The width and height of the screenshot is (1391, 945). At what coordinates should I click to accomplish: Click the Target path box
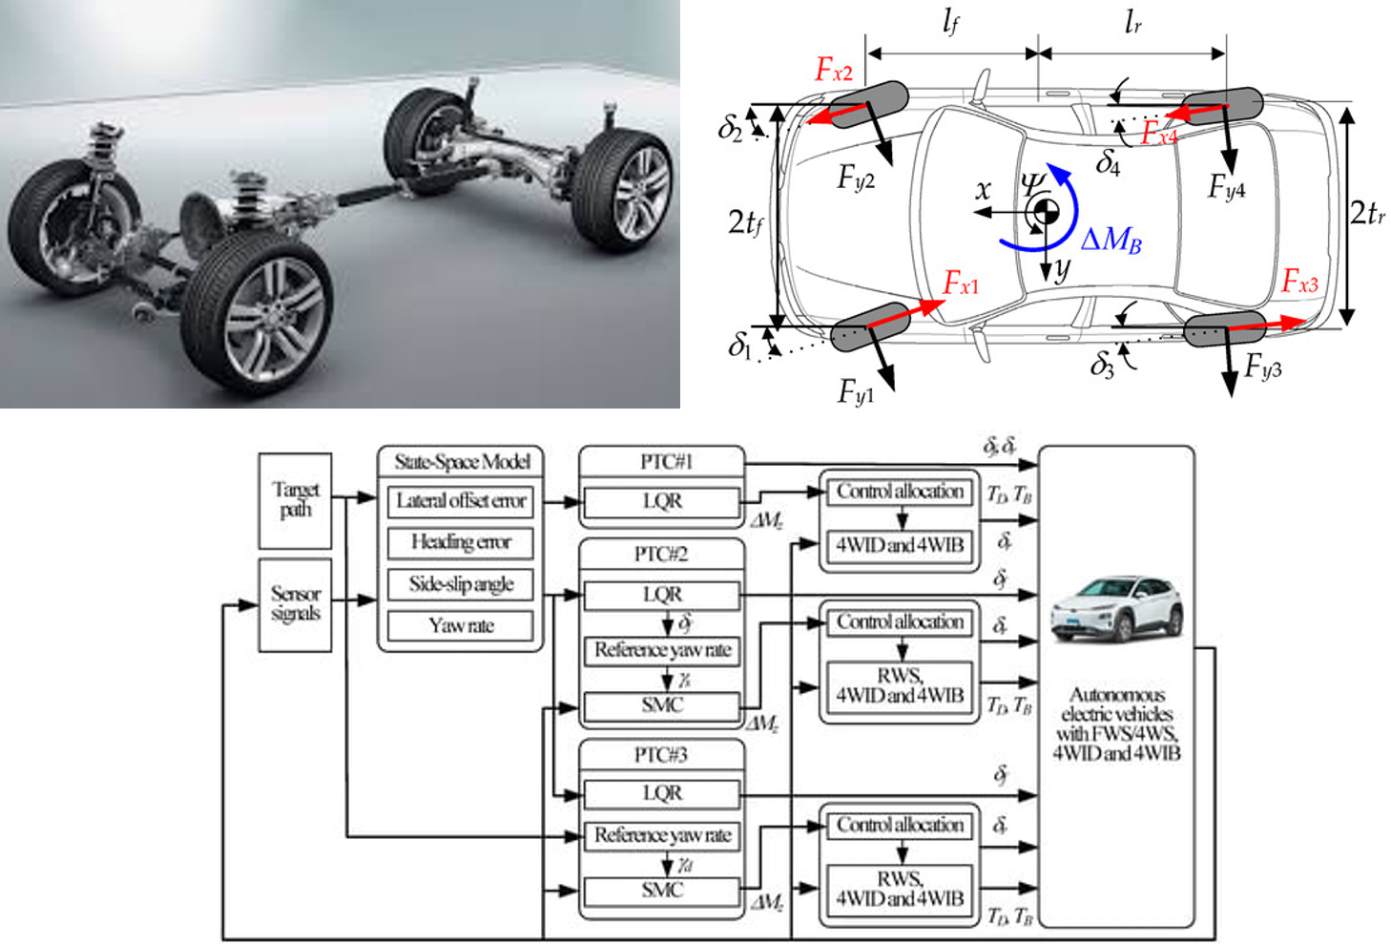point(296,500)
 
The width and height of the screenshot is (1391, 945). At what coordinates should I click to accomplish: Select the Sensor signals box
point(296,604)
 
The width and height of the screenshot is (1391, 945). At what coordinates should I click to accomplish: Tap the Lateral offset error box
point(461,501)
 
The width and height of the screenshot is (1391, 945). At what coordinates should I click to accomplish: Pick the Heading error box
point(461,542)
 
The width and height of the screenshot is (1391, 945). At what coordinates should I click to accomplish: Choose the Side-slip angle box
point(461,584)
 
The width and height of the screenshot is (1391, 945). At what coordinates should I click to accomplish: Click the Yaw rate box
point(461,626)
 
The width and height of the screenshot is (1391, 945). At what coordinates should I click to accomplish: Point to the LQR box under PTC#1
point(662,501)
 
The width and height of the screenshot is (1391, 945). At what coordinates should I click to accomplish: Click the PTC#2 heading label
point(661,555)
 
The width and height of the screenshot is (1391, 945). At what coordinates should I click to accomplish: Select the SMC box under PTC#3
point(662,891)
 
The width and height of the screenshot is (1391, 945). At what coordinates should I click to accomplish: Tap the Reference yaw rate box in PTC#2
point(662,650)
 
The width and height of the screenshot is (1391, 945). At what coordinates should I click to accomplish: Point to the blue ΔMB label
point(1111,240)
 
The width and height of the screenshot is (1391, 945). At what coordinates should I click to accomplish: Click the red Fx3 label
point(1299,283)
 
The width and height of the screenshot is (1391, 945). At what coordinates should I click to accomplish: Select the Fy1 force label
point(856,391)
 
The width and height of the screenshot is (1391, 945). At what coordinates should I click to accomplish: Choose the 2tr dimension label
point(1367,213)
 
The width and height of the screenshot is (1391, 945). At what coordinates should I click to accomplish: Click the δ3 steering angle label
point(1103,366)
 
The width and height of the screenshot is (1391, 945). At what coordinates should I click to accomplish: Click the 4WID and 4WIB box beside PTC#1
point(900,545)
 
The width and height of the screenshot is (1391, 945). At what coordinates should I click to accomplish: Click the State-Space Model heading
point(462,462)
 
